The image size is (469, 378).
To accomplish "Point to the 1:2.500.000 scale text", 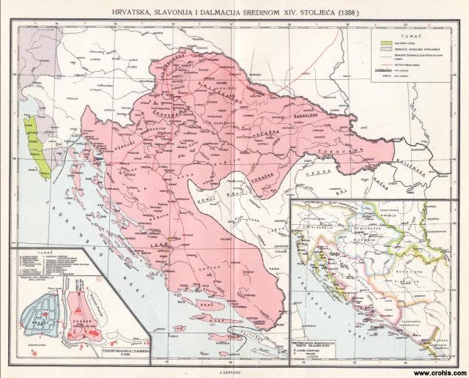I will coord(234,371).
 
